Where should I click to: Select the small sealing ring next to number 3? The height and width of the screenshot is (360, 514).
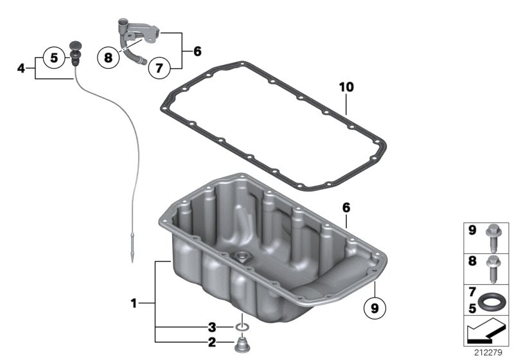coord(242,327)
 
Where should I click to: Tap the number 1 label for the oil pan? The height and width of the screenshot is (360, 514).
coord(134,303)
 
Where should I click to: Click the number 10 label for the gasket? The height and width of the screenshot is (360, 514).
coord(346,87)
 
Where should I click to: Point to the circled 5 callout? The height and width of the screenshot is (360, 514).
coord(54,58)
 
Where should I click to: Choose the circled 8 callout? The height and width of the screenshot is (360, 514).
coord(108,58)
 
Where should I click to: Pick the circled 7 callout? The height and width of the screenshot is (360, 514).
coord(159,68)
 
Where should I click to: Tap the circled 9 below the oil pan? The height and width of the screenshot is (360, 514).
coord(375,308)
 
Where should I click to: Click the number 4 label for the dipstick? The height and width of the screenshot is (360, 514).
coord(21,69)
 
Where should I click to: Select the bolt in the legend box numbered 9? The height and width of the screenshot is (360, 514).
coord(493,240)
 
